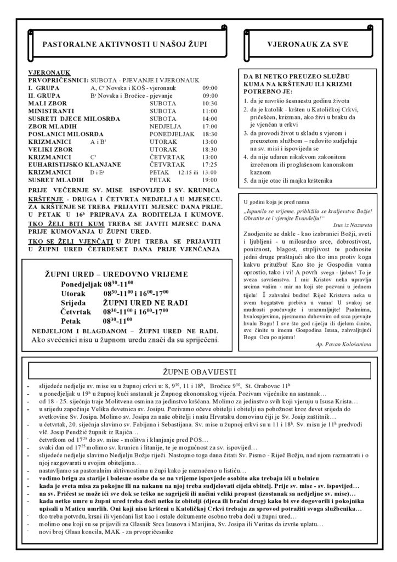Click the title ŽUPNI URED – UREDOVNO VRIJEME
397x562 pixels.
[123, 274]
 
